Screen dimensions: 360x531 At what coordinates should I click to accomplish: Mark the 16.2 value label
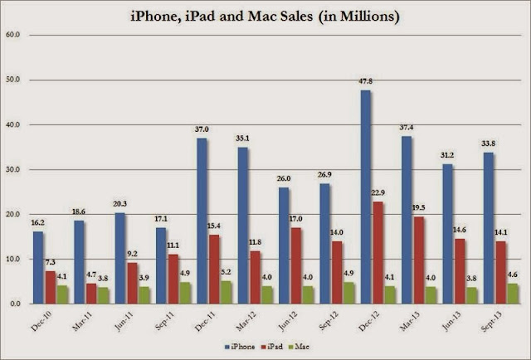pos(37,224)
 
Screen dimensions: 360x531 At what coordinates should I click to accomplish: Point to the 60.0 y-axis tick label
pos(13,35)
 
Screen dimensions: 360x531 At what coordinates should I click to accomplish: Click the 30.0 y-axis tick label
pos(13,169)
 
